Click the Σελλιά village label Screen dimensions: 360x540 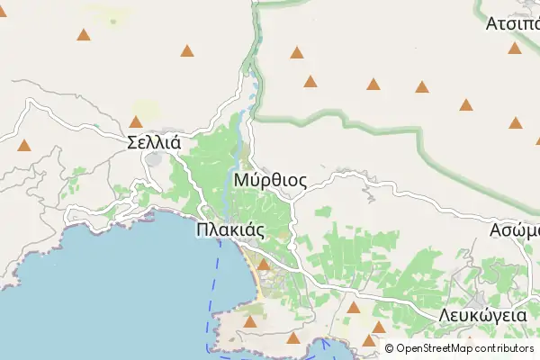(x=155, y=141)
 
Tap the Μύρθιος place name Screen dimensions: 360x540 (x=270, y=181)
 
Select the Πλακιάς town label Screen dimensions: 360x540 (x=229, y=229)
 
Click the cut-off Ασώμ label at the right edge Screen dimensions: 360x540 (x=514, y=229)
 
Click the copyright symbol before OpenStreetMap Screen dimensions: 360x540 (x=390, y=348)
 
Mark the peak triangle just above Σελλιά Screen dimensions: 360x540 (x=136, y=121)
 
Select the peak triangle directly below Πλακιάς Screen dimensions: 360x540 (x=264, y=265)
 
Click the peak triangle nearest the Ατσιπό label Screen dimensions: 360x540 (x=514, y=49)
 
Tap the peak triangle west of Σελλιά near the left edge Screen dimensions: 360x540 (x=24, y=144)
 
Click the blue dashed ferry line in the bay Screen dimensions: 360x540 (x=217, y=270)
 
